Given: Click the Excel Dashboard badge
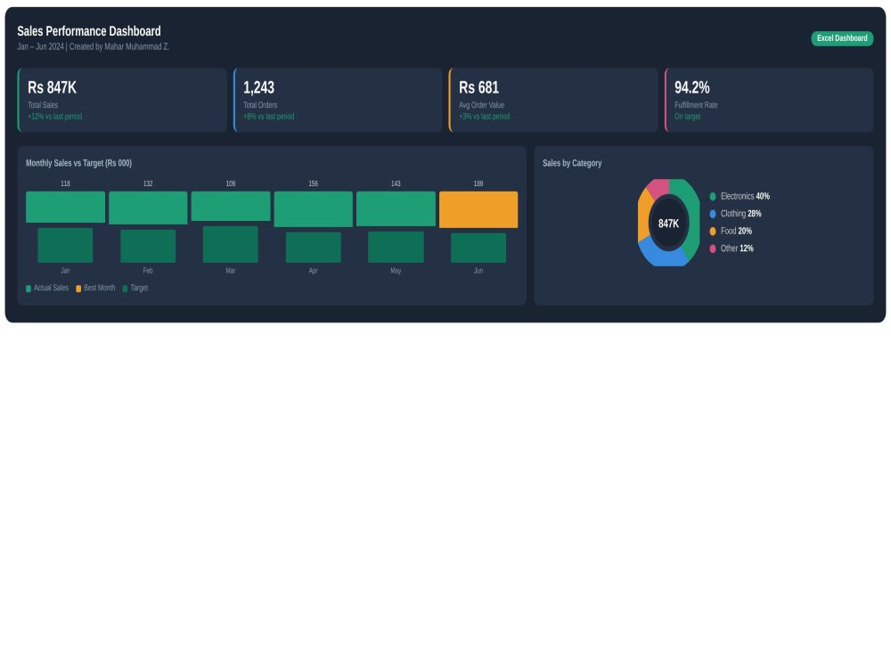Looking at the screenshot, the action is (842, 38).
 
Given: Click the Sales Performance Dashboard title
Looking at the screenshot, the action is (88, 30).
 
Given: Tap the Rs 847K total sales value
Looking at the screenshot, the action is (52, 87).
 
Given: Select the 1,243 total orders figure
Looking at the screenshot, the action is (258, 87).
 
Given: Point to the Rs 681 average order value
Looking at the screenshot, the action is (478, 87).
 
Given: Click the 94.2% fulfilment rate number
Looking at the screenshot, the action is (691, 87).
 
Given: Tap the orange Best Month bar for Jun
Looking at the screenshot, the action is (478, 209).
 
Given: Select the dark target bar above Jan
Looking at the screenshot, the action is (65, 246).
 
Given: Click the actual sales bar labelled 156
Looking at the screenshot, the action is (313, 209).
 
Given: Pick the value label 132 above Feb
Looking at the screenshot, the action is (148, 183).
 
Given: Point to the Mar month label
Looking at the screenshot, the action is (230, 271).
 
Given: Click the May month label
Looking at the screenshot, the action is (396, 271).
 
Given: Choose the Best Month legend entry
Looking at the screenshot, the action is (95, 288).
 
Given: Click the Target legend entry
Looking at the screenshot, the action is (135, 288).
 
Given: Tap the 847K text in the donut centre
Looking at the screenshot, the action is (668, 224).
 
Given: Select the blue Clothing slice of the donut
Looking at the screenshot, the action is (663, 254).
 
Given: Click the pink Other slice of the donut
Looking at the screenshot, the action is (658, 187).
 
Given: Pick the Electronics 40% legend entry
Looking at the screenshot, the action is (740, 196).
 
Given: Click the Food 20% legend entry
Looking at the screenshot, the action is (731, 232).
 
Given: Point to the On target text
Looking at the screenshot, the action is (687, 117).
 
